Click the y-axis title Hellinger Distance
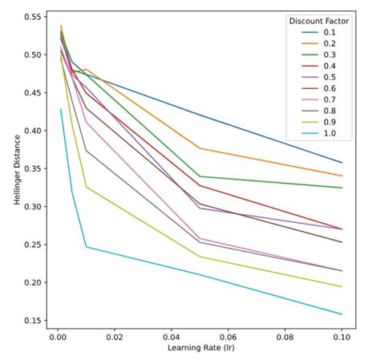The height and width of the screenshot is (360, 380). click(x=17, y=170)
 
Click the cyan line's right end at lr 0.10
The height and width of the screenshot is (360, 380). click(x=342, y=314)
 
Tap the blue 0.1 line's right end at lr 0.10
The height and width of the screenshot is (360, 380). click(x=342, y=163)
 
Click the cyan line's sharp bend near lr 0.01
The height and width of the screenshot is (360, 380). click(x=87, y=247)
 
